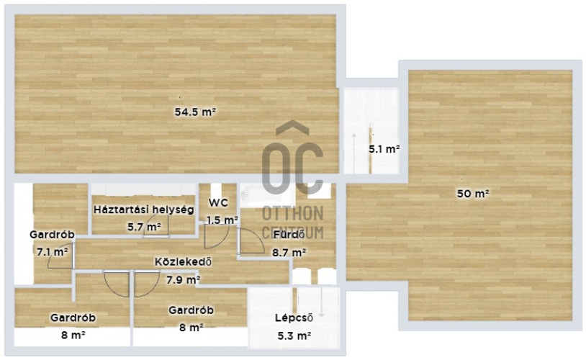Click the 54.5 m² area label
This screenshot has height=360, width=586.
(196, 112)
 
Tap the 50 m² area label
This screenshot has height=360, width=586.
(473, 194)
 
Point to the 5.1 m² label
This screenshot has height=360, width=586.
(384, 149)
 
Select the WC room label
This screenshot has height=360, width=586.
(218, 203)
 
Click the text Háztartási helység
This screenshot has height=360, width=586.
(144, 210)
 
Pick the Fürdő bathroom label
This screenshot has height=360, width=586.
(289, 235)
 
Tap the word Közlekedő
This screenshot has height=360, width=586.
(183, 261)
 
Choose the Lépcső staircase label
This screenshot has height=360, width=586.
(294, 318)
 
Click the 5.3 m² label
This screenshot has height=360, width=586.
(294, 336)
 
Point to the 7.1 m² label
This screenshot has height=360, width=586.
(53, 251)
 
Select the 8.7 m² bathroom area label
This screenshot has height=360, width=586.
(289, 253)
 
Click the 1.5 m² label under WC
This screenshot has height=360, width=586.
(222, 220)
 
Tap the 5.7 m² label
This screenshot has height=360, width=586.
(144, 227)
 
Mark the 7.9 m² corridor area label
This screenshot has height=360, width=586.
(183, 279)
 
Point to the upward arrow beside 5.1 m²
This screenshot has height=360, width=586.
(353, 153)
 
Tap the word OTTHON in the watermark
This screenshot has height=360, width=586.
(292, 213)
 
